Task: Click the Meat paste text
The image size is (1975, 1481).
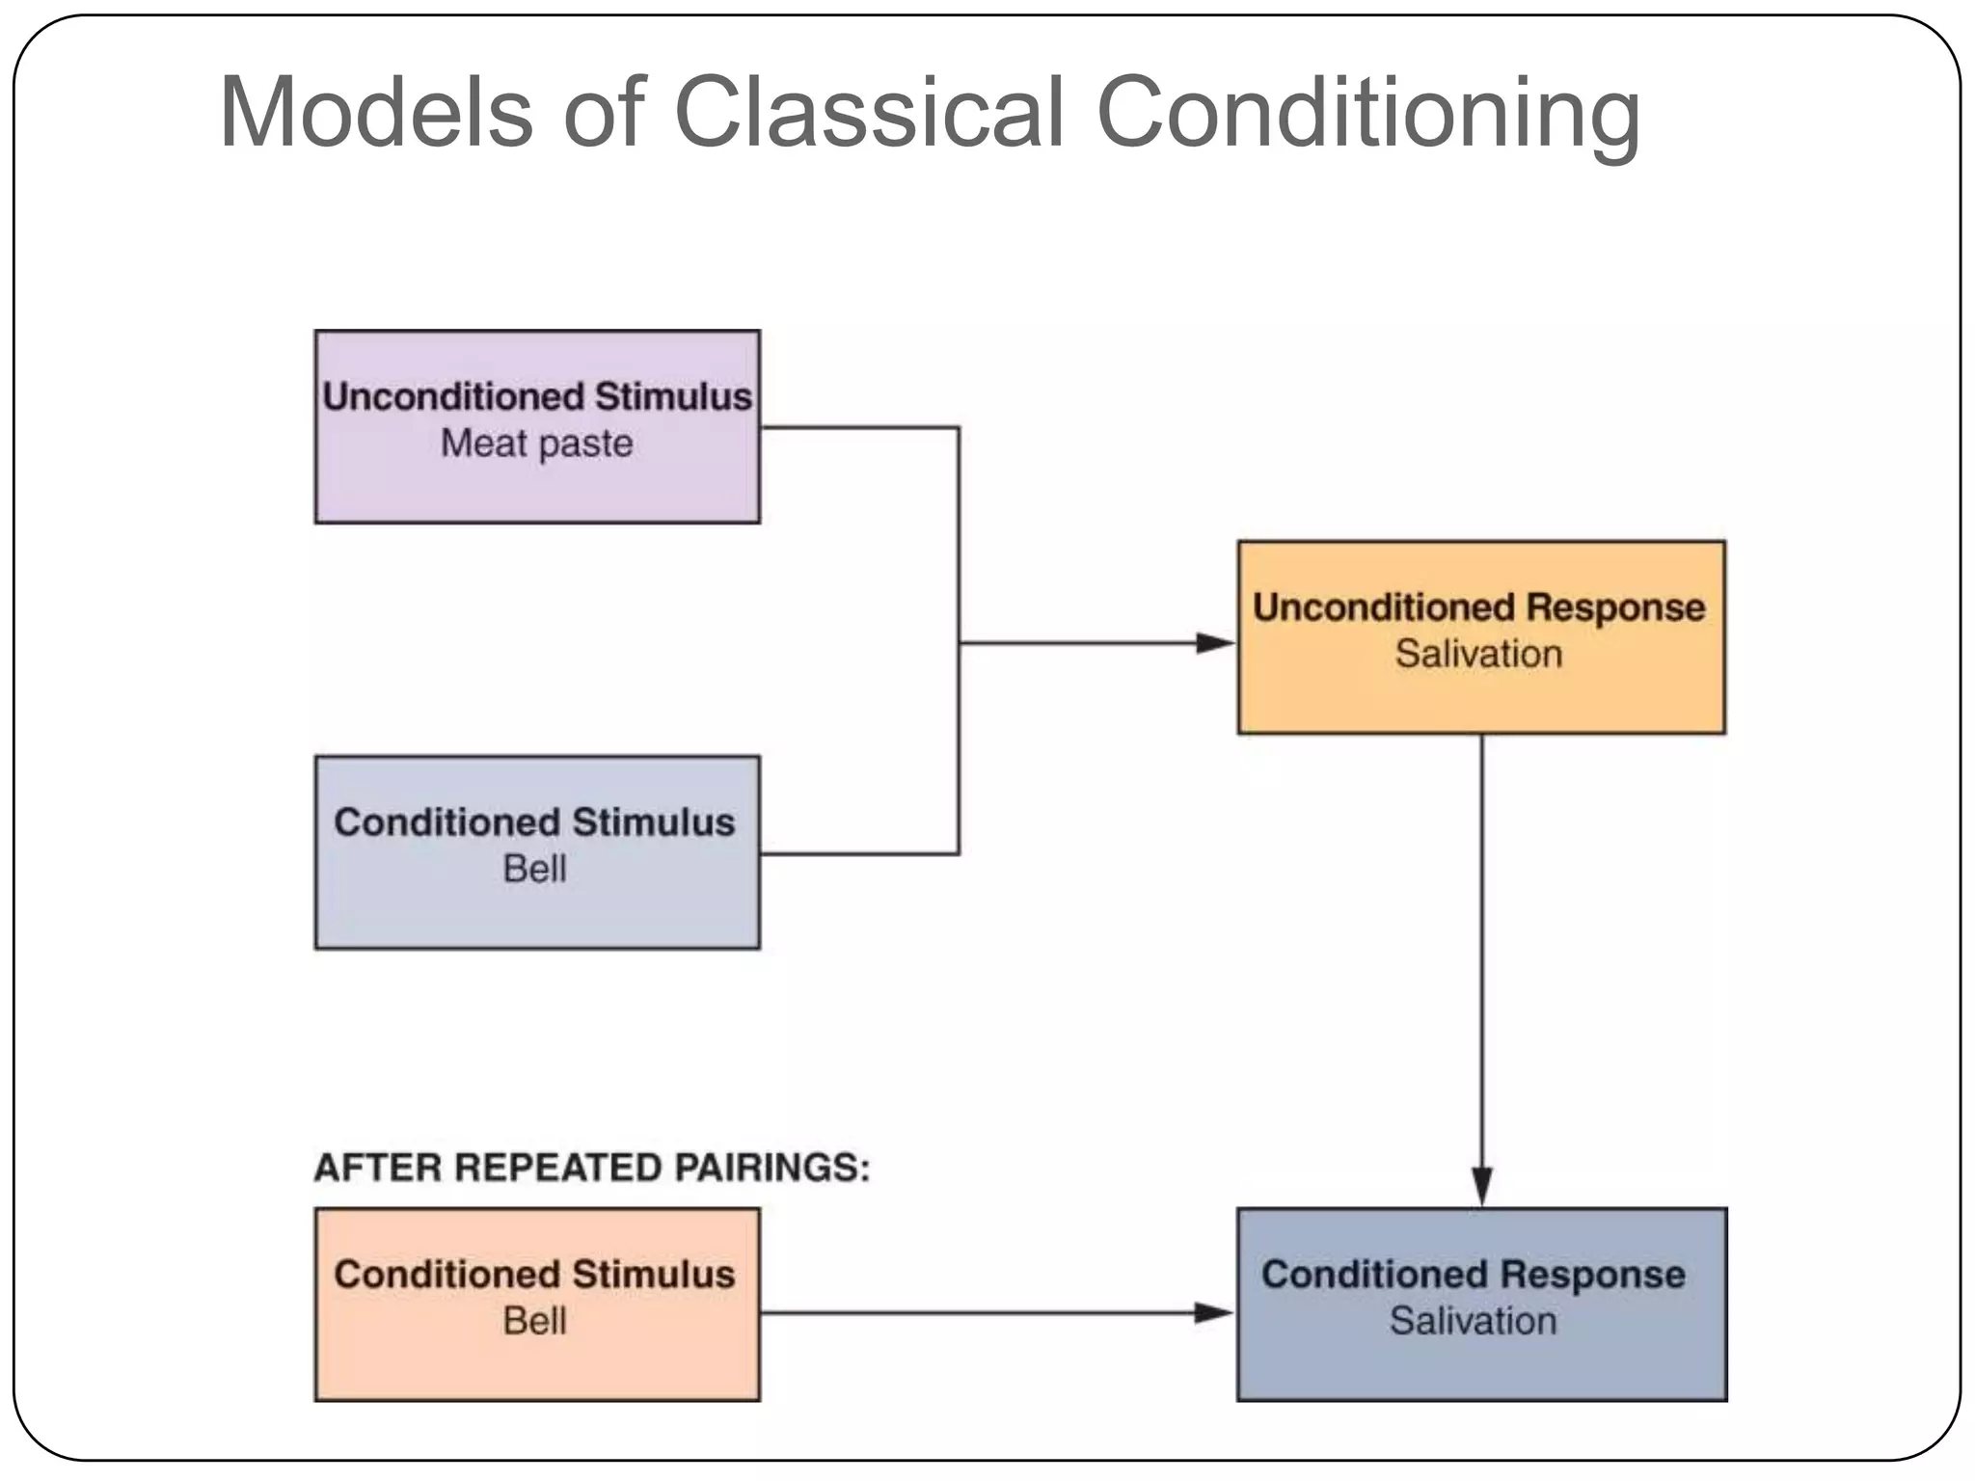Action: pyautogui.click(x=536, y=444)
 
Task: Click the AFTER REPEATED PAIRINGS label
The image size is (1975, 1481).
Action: pyautogui.click(x=591, y=1168)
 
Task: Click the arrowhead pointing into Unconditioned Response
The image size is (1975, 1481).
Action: pyautogui.click(x=1215, y=643)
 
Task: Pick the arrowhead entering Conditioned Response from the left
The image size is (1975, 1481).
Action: pyautogui.click(x=1213, y=1312)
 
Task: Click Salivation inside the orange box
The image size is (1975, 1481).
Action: pyautogui.click(x=1478, y=654)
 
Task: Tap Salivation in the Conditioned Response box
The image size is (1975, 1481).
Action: pyautogui.click(x=1473, y=1321)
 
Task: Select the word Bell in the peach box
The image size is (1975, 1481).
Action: pyautogui.click(x=534, y=1321)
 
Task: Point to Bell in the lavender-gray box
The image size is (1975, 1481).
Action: pyautogui.click(x=534, y=869)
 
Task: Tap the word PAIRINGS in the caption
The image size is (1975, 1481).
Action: pyautogui.click(x=771, y=1168)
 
